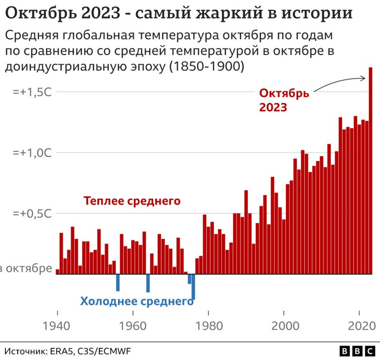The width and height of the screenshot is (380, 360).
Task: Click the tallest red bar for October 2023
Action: (x=370, y=171)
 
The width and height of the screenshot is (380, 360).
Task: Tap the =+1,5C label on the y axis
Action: (x=32, y=92)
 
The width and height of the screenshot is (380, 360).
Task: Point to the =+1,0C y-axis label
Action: (x=32, y=153)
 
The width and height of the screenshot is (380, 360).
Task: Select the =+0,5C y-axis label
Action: (x=32, y=214)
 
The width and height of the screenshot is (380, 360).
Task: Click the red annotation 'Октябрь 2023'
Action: (x=284, y=100)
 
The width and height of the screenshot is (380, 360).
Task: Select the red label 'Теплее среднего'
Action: (x=132, y=201)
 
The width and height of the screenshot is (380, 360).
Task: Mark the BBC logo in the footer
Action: (x=357, y=351)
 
